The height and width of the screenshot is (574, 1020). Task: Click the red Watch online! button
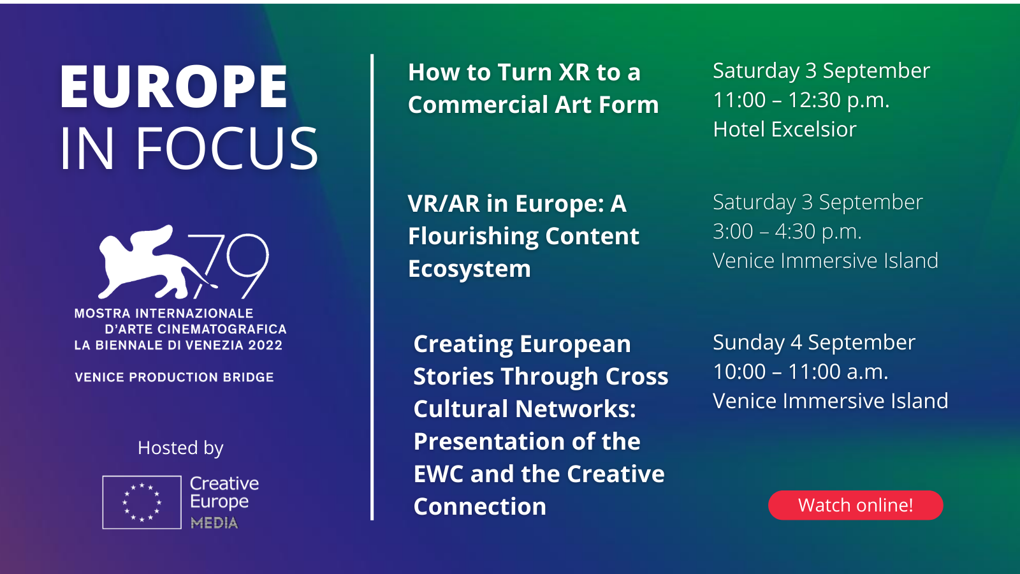(855, 505)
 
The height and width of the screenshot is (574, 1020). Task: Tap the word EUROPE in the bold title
(173, 87)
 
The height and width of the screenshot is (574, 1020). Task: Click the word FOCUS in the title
(227, 149)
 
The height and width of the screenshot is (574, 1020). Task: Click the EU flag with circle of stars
(142, 503)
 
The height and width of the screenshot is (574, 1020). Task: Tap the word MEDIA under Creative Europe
(214, 522)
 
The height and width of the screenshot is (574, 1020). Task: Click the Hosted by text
(180, 448)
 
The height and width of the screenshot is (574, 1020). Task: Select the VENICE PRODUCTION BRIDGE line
(175, 377)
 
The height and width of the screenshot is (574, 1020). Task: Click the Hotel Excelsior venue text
(785, 129)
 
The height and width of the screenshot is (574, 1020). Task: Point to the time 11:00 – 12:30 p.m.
(801, 100)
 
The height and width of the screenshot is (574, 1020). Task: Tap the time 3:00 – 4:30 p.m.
(787, 232)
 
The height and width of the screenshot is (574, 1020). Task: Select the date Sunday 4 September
(813, 342)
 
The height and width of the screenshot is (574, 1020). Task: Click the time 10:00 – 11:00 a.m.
(801, 372)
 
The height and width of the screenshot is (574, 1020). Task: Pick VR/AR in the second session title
(444, 203)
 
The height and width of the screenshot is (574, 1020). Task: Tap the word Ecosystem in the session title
(469, 269)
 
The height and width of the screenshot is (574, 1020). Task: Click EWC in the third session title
(438, 475)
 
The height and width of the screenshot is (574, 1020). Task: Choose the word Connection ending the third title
(480, 506)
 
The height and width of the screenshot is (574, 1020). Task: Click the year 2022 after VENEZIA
(265, 345)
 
